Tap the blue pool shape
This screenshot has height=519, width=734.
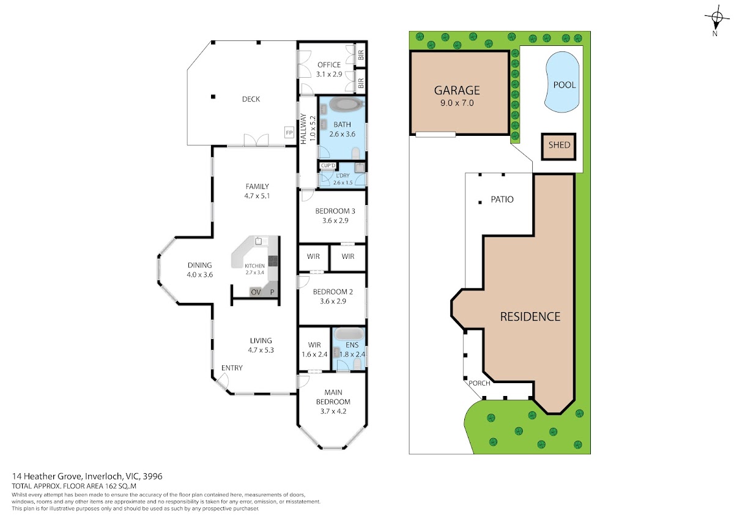click(562, 82)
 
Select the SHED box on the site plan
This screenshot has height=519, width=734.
click(558, 146)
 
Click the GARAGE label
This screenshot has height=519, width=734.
click(457, 90)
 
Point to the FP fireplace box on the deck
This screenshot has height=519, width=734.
click(289, 132)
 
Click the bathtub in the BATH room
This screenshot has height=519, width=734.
click(347, 105)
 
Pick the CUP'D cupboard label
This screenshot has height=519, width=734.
click(328, 166)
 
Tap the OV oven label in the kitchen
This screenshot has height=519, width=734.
click(256, 292)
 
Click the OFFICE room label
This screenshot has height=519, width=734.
click(329, 65)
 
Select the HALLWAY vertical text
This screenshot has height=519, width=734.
click(303, 129)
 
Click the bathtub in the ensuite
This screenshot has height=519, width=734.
click(349, 334)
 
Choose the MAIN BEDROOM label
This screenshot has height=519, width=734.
click(333, 397)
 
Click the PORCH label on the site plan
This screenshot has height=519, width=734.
click(480, 383)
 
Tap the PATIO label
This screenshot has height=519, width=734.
click(502, 200)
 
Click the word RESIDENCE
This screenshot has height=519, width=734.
click(530, 316)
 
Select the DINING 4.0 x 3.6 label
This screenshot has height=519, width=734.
click(199, 270)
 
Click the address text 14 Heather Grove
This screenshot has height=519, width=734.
click(47, 476)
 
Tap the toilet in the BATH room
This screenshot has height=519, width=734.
click(355, 154)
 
